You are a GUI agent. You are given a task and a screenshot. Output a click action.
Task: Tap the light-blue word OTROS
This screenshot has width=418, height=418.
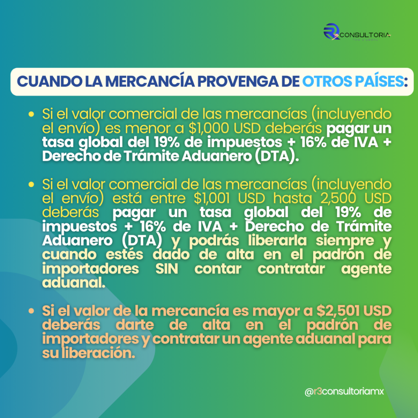[329, 82]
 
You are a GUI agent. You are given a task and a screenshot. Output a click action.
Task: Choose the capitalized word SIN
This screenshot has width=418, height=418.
[167, 269]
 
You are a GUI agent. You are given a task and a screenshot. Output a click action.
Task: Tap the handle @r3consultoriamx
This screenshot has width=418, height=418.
[344, 391]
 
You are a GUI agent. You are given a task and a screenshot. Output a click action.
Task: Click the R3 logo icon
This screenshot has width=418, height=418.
[331, 31]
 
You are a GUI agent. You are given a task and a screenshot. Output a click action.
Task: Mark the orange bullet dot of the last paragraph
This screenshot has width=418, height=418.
[31, 311]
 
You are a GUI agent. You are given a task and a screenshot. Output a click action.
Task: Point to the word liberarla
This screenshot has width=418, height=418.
[278, 240]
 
